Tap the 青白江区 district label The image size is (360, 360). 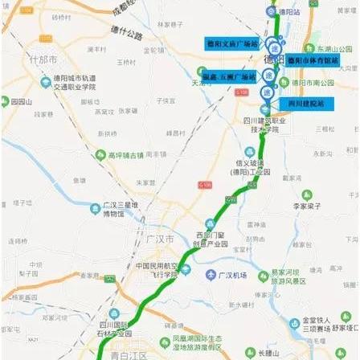[125, 352]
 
